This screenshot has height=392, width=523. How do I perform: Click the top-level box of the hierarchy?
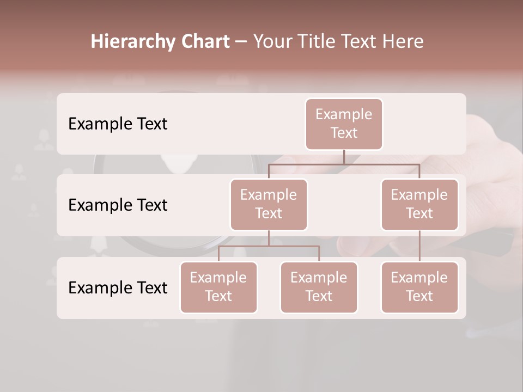click(344, 124)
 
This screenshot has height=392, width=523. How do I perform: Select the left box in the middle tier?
click(269, 205)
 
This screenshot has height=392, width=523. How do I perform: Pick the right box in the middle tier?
click(419, 205)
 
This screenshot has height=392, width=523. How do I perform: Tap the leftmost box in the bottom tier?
click(218, 287)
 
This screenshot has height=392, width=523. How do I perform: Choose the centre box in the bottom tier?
click(319, 287)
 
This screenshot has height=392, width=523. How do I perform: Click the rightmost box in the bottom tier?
click(419, 287)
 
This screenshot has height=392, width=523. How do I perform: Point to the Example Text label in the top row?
click(118, 124)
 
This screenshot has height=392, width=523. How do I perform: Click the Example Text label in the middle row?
click(118, 205)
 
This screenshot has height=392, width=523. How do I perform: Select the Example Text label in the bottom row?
click(118, 288)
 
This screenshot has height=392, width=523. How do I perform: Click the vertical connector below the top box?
click(344, 157)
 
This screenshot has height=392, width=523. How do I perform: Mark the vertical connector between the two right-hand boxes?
click(419, 246)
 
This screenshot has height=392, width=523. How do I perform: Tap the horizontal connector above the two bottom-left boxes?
click(269, 246)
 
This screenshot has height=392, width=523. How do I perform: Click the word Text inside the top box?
click(344, 133)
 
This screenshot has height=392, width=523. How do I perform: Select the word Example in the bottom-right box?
click(419, 278)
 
